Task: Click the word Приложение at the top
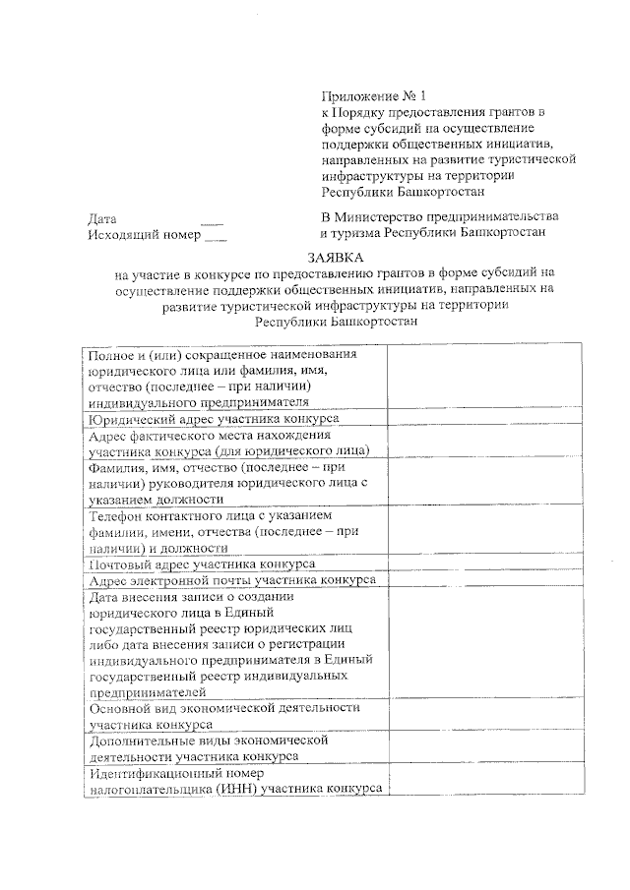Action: [x=361, y=97]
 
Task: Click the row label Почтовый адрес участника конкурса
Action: [x=202, y=564]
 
